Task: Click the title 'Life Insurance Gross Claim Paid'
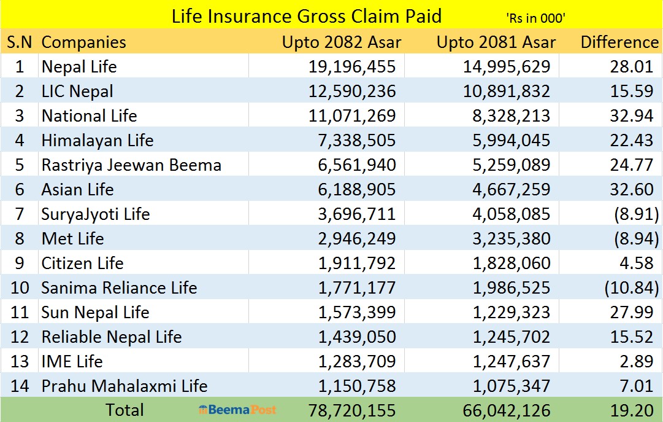point(306,15)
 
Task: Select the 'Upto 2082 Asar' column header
point(342,42)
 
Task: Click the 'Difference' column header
point(619,42)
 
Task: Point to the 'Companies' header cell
point(83,42)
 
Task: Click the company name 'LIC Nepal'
point(77,92)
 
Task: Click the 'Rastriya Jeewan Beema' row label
point(131,165)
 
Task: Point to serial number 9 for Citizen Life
point(19,263)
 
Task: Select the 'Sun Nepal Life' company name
point(95,312)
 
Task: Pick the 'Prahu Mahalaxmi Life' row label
point(125,386)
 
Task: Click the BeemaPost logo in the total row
point(237,410)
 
